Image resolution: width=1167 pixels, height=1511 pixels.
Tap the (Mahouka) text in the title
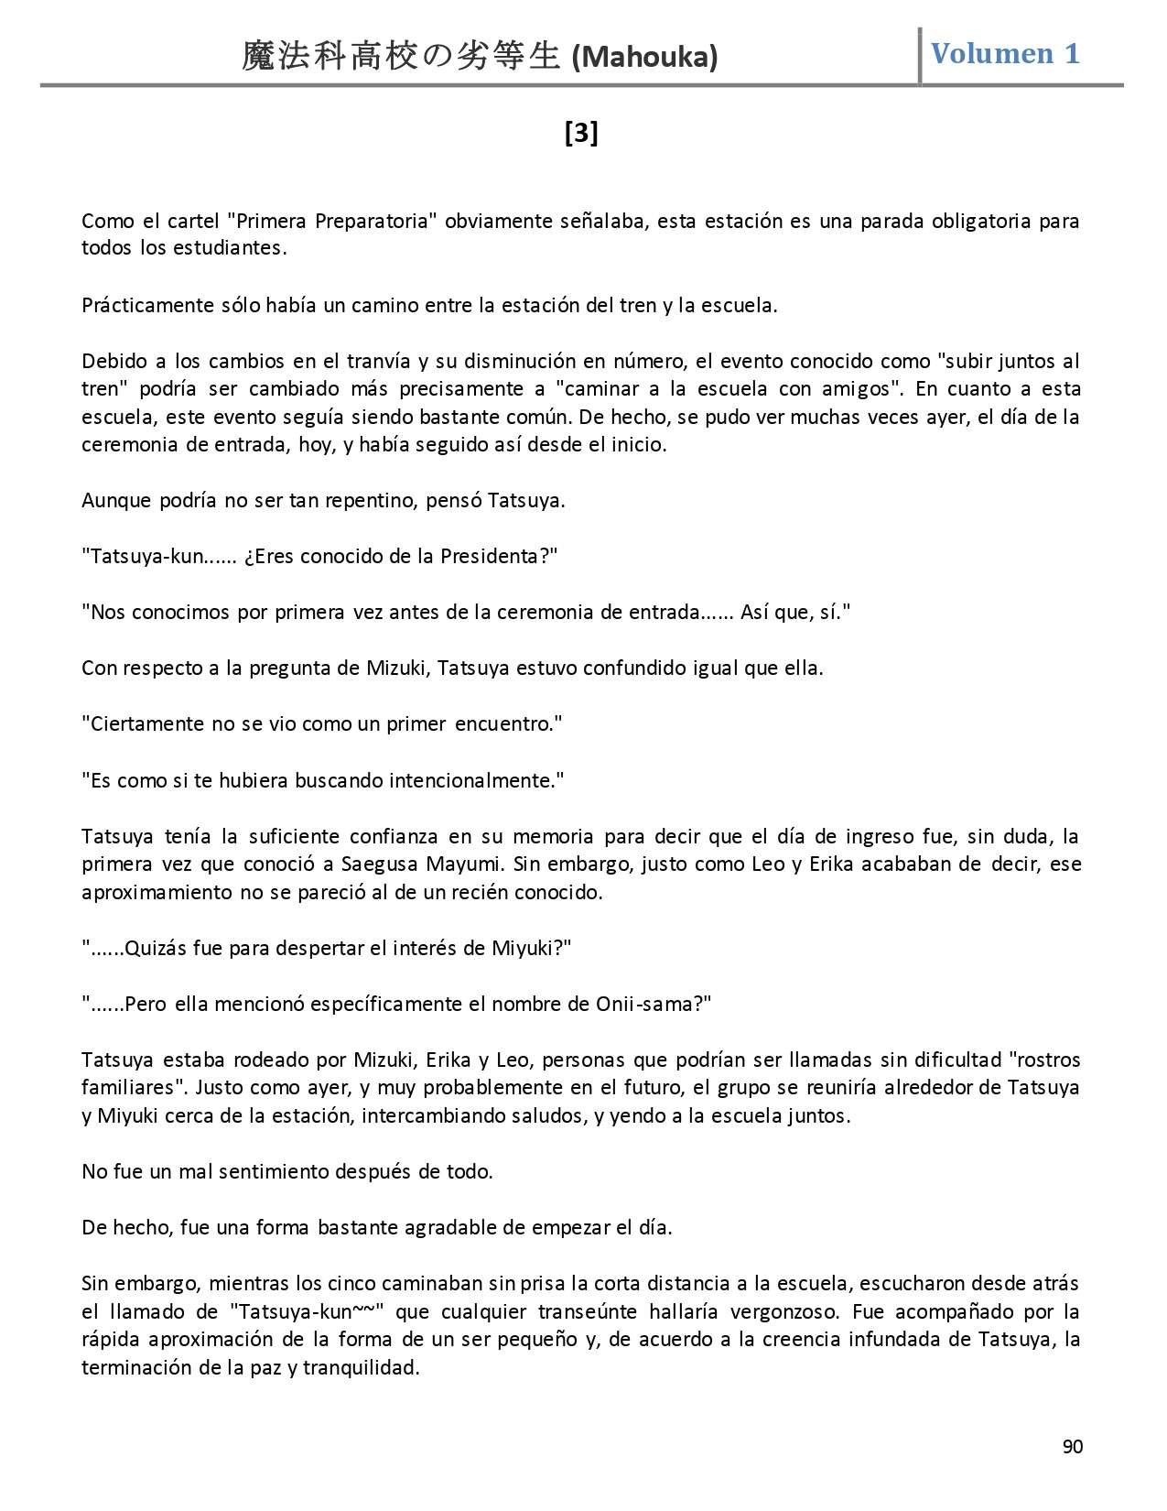click(x=644, y=58)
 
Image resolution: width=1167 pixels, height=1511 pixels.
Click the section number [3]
click(x=581, y=134)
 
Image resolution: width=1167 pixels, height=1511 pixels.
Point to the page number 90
click(x=1073, y=1447)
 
